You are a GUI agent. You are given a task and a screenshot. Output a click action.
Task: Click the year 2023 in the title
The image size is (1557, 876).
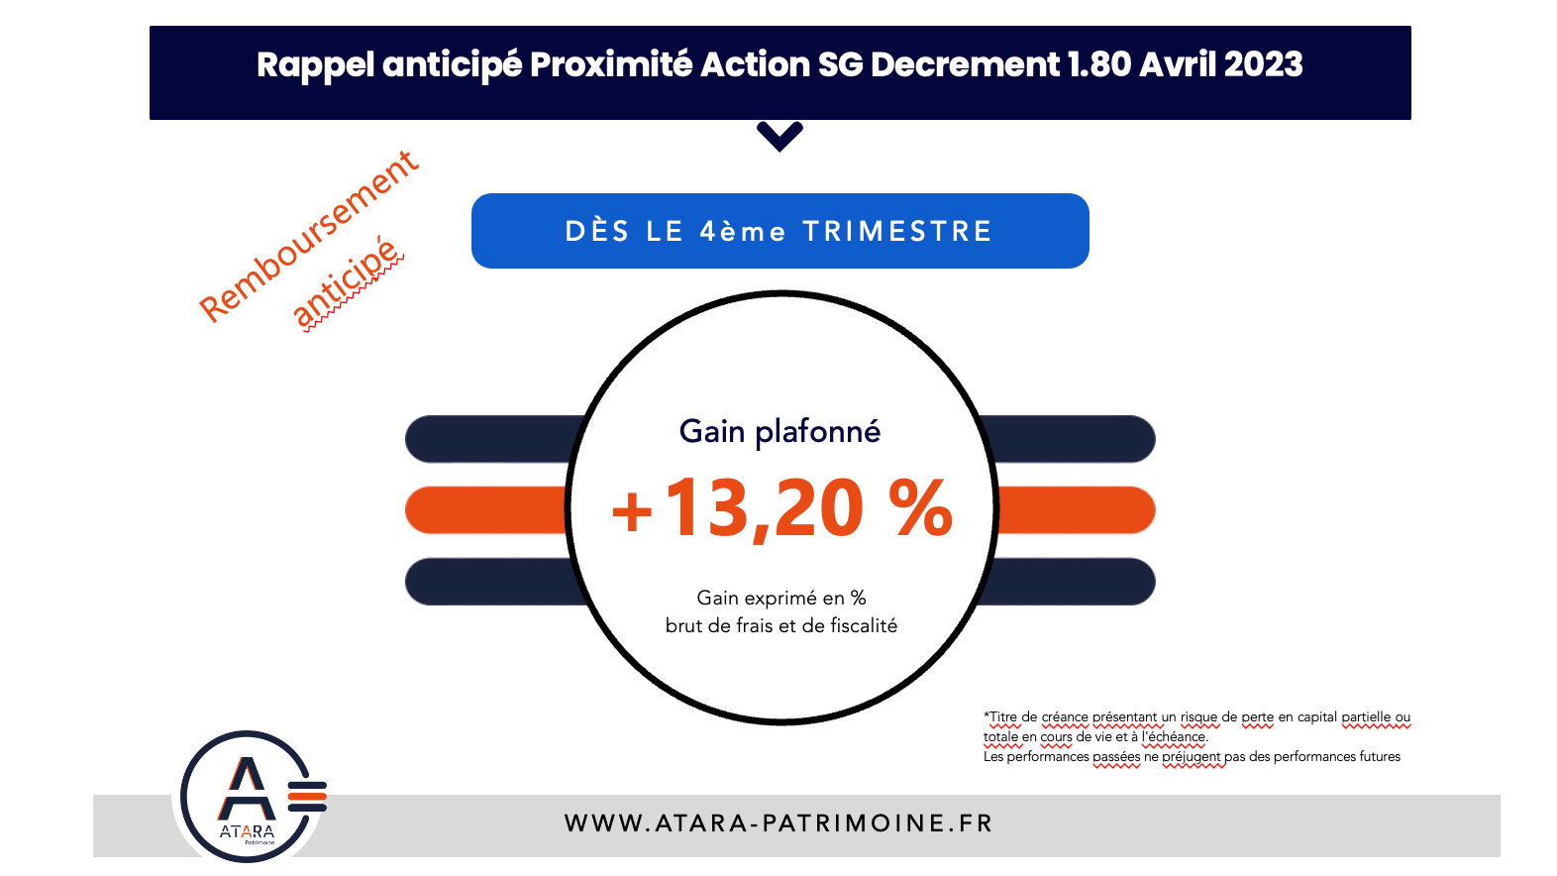tap(1263, 64)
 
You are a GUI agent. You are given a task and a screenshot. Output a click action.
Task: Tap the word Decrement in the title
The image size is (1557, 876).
tap(965, 64)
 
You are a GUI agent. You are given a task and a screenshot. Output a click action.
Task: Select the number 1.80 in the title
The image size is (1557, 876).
tap(1099, 64)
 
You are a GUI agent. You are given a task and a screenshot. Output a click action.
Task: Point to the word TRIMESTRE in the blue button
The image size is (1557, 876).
tap(897, 232)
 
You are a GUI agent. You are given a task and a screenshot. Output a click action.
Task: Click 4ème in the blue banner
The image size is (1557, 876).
tap(743, 232)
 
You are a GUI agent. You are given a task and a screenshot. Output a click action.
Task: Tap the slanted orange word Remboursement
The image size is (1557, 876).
tap(309, 237)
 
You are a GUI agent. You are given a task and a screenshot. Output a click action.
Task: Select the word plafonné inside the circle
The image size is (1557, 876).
tap(818, 433)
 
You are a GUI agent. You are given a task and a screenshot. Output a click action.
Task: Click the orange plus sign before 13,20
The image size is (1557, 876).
tap(631, 512)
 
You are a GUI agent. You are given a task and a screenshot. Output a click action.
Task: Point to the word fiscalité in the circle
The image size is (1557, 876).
tap(860, 625)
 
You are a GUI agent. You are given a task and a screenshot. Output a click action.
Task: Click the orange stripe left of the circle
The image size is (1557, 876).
tap(486, 510)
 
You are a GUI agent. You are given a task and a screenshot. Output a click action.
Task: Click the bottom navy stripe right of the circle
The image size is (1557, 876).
tap(1067, 582)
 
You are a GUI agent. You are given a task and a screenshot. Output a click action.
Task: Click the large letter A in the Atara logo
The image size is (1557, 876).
tap(246, 789)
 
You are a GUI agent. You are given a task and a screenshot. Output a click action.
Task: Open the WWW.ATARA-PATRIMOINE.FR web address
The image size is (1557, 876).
tap(778, 823)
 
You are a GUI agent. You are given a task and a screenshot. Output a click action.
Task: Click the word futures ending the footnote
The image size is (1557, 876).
tap(1380, 756)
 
